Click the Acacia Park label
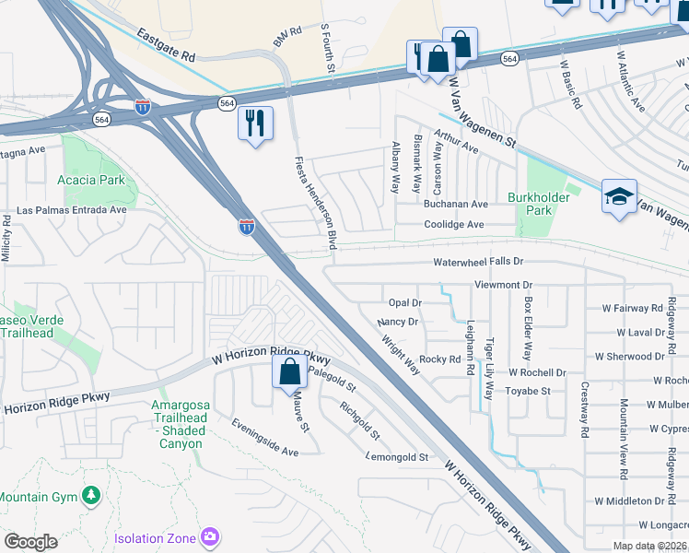(91, 181)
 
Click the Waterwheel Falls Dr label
(478, 262)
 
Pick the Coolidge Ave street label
(454, 224)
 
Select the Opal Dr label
(404, 302)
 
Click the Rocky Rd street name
(439, 359)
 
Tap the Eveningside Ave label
(265, 439)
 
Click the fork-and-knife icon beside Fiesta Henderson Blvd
(255, 122)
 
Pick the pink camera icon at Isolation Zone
(210, 536)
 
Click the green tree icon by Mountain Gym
(90, 496)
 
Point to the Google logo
(30, 542)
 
